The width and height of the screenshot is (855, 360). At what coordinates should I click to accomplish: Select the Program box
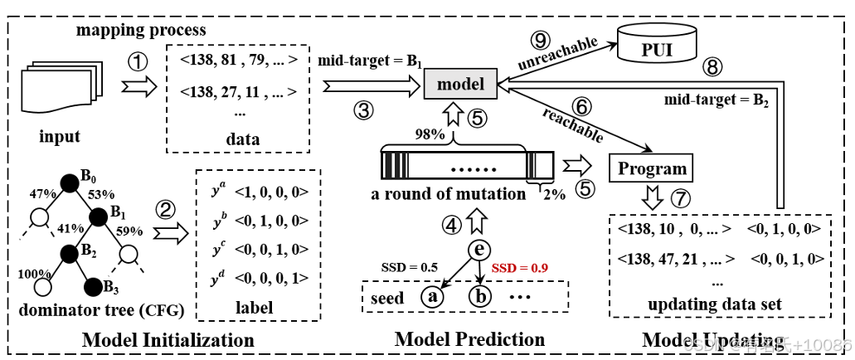(652, 168)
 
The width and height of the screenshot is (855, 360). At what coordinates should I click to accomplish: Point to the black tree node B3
(98, 288)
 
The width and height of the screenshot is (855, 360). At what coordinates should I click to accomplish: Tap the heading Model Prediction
(469, 339)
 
